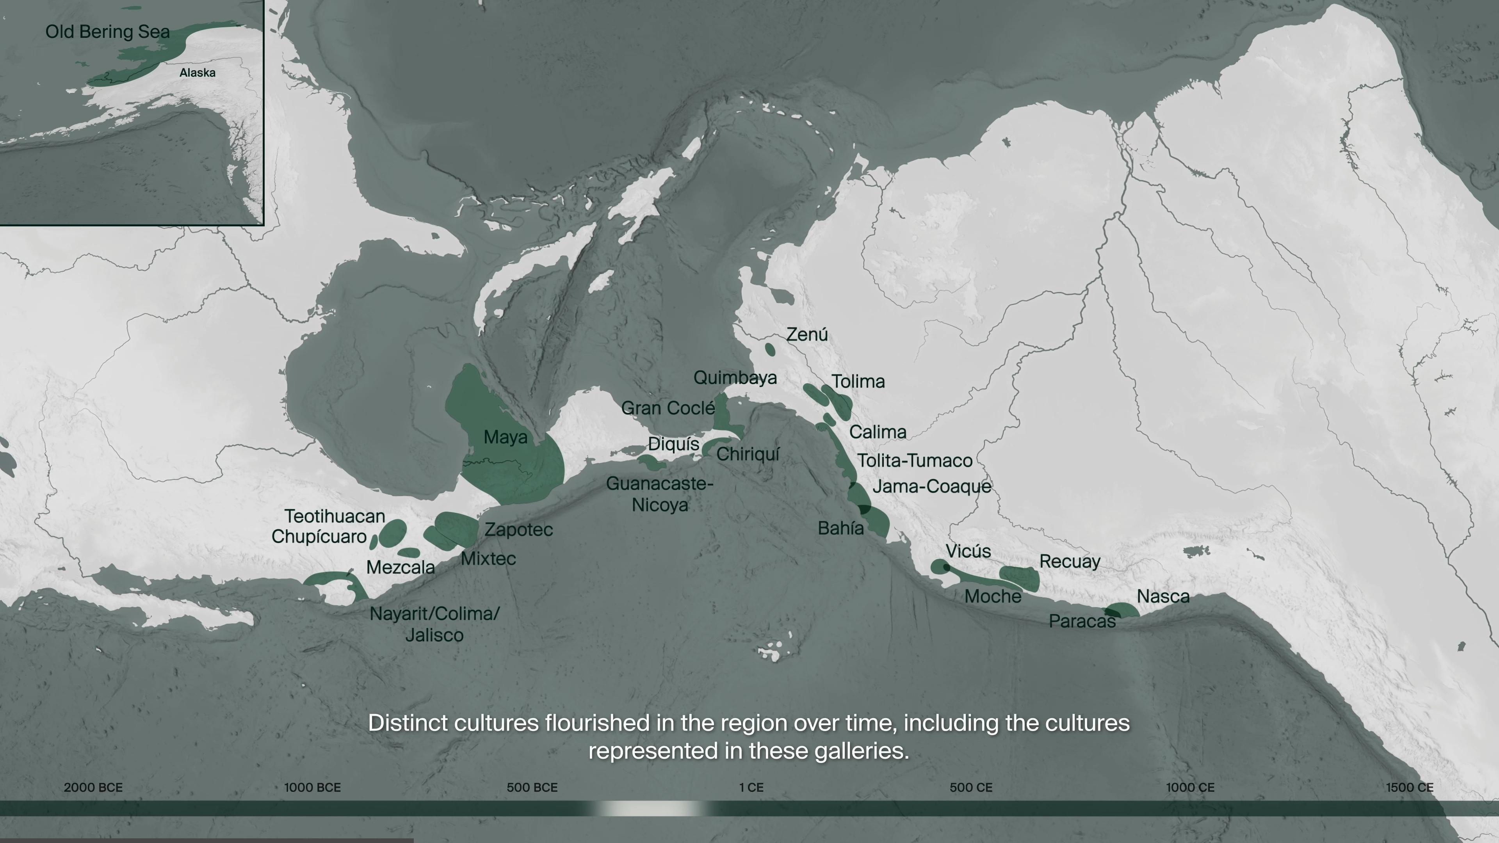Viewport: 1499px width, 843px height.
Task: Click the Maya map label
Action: tap(505, 438)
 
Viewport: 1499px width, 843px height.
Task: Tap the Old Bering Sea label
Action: tap(108, 32)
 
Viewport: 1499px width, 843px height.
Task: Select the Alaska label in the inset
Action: tap(197, 73)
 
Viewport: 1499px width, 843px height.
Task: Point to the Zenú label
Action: tap(806, 334)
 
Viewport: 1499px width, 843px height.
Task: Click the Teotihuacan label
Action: tap(335, 516)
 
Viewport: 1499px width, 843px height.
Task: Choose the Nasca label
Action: tap(1163, 596)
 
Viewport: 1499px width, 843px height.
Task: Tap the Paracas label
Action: tap(1082, 621)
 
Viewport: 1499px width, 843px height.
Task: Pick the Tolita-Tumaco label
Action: tap(915, 461)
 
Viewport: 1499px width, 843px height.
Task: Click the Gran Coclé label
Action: tap(668, 408)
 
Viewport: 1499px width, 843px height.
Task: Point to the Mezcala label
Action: tap(401, 567)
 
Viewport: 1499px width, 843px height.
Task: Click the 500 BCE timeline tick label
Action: tap(532, 788)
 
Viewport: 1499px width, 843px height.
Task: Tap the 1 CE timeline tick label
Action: tap(751, 788)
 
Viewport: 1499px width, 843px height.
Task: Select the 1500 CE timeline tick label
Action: tap(1409, 788)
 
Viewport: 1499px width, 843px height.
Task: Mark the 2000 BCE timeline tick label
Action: tap(93, 788)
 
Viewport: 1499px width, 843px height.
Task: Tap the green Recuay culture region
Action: tap(1020, 577)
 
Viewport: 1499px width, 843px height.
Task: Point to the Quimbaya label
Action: tap(735, 377)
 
